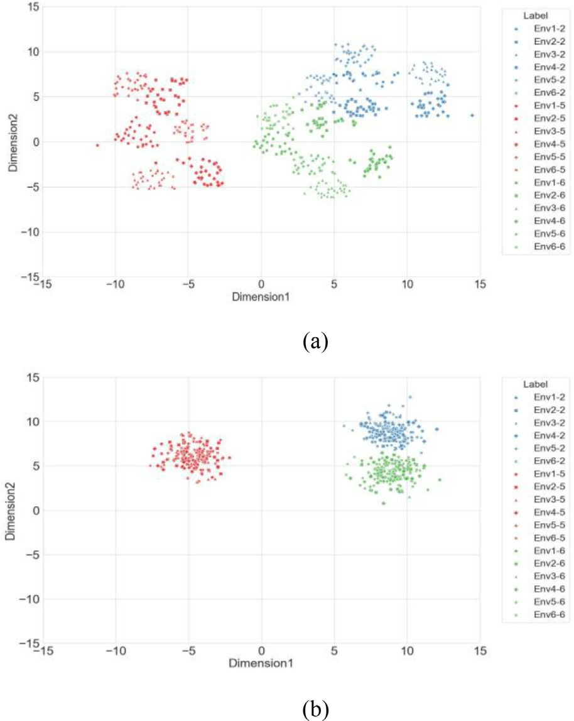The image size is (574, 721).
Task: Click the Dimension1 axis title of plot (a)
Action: pos(261,295)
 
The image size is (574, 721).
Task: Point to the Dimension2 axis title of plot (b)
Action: pos(10,511)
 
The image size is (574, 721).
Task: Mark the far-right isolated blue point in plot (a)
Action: pos(472,115)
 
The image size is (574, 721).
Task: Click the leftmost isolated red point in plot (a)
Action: pos(97,145)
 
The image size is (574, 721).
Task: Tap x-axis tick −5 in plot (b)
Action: pos(188,652)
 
